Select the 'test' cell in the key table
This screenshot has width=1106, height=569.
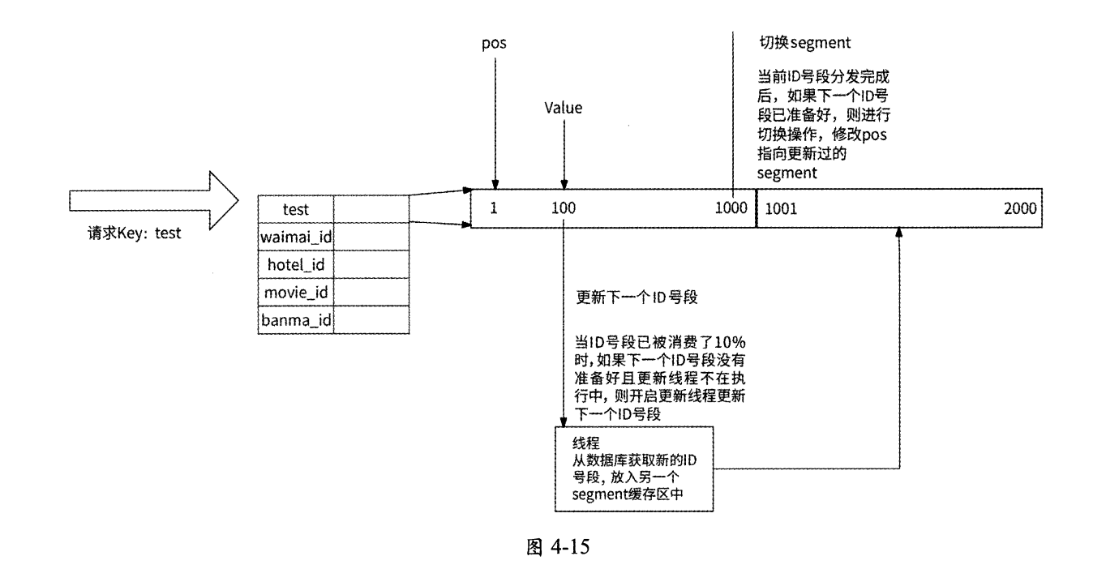tap(295, 208)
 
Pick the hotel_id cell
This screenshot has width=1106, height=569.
tap(295, 264)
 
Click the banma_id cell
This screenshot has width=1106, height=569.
tap(295, 319)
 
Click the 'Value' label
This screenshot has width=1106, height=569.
tap(564, 107)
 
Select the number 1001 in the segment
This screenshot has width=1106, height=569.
tap(781, 208)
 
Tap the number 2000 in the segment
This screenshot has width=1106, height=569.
tap(1019, 208)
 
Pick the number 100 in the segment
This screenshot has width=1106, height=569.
tap(564, 208)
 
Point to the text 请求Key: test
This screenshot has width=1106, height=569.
tap(134, 234)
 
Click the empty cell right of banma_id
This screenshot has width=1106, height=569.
tap(371, 319)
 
